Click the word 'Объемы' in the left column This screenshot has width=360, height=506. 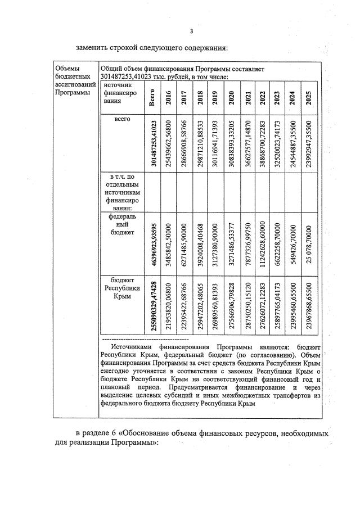[x=67, y=69]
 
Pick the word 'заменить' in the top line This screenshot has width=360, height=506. [x=93, y=46]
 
